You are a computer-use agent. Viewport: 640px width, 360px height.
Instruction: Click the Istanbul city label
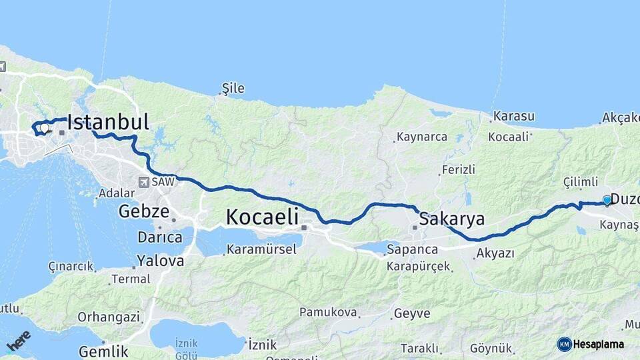pyautogui.click(x=108, y=123)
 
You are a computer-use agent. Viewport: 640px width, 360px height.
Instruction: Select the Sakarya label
pyautogui.click(x=451, y=219)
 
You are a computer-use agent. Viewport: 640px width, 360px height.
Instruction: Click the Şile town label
pyautogui.click(x=233, y=88)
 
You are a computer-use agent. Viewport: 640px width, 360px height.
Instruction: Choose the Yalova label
pyautogui.click(x=160, y=261)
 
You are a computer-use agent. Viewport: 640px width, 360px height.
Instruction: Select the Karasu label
pyautogui.click(x=514, y=117)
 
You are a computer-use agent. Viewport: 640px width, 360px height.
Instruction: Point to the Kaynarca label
pyautogui.click(x=422, y=137)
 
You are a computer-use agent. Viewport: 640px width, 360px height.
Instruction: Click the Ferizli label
pyautogui.click(x=459, y=170)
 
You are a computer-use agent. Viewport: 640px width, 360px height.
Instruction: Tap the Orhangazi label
pyautogui.click(x=109, y=317)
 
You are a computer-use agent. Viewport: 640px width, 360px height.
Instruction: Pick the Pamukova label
pyautogui.click(x=329, y=312)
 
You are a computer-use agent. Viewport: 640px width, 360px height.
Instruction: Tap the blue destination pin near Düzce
pyautogui.click(x=607, y=200)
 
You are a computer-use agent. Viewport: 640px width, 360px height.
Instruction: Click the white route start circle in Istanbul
pyautogui.click(x=44, y=127)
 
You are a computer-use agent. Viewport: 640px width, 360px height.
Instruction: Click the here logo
pyautogui.click(x=19, y=340)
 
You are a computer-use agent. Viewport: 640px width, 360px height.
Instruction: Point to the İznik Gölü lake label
pyautogui.click(x=187, y=347)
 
